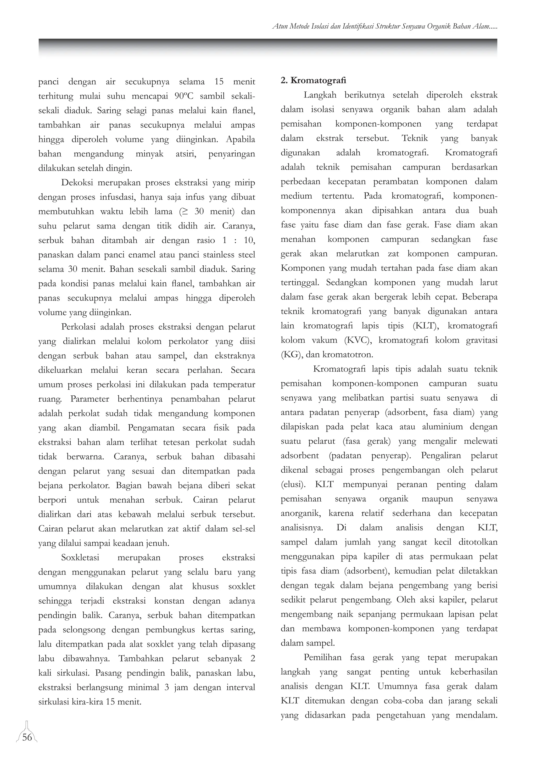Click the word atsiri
click(x=186, y=154)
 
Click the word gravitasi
click(x=482, y=340)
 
